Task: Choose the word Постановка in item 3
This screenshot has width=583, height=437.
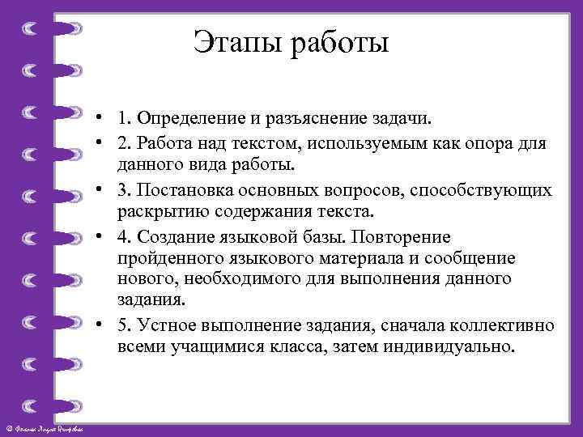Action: click(181, 189)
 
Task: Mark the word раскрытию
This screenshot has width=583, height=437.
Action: click(155, 212)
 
